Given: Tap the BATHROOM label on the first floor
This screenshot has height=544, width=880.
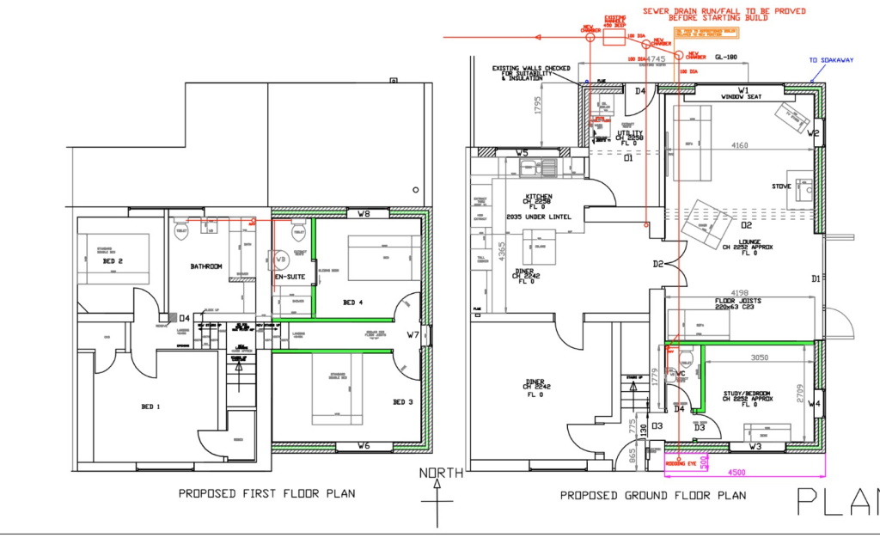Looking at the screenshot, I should pyautogui.click(x=206, y=266).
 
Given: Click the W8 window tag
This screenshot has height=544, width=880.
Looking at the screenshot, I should pyautogui.click(x=364, y=214).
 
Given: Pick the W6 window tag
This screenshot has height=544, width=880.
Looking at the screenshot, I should pyautogui.click(x=364, y=446).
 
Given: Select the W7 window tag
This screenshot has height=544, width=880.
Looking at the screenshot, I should pyautogui.click(x=412, y=335).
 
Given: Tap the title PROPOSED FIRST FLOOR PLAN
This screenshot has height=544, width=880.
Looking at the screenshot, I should pyautogui.click(x=266, y=494).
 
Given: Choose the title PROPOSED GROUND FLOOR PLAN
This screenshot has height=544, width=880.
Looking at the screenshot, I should pyautogui.click(x=653, y=496).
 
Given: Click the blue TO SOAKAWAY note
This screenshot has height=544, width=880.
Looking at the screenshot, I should pyautogui.click(x=828, y=60).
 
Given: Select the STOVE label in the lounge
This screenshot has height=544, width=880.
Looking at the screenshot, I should pyautogui.click(x=781, y=186).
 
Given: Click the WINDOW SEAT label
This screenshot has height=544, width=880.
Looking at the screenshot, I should pyautogui.click(x=742, y=97).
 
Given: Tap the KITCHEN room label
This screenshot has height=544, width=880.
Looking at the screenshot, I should pyautogui.click(x=538, y=197).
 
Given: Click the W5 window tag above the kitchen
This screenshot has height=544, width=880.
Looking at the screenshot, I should pyautogui.click(x=522, y=153).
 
